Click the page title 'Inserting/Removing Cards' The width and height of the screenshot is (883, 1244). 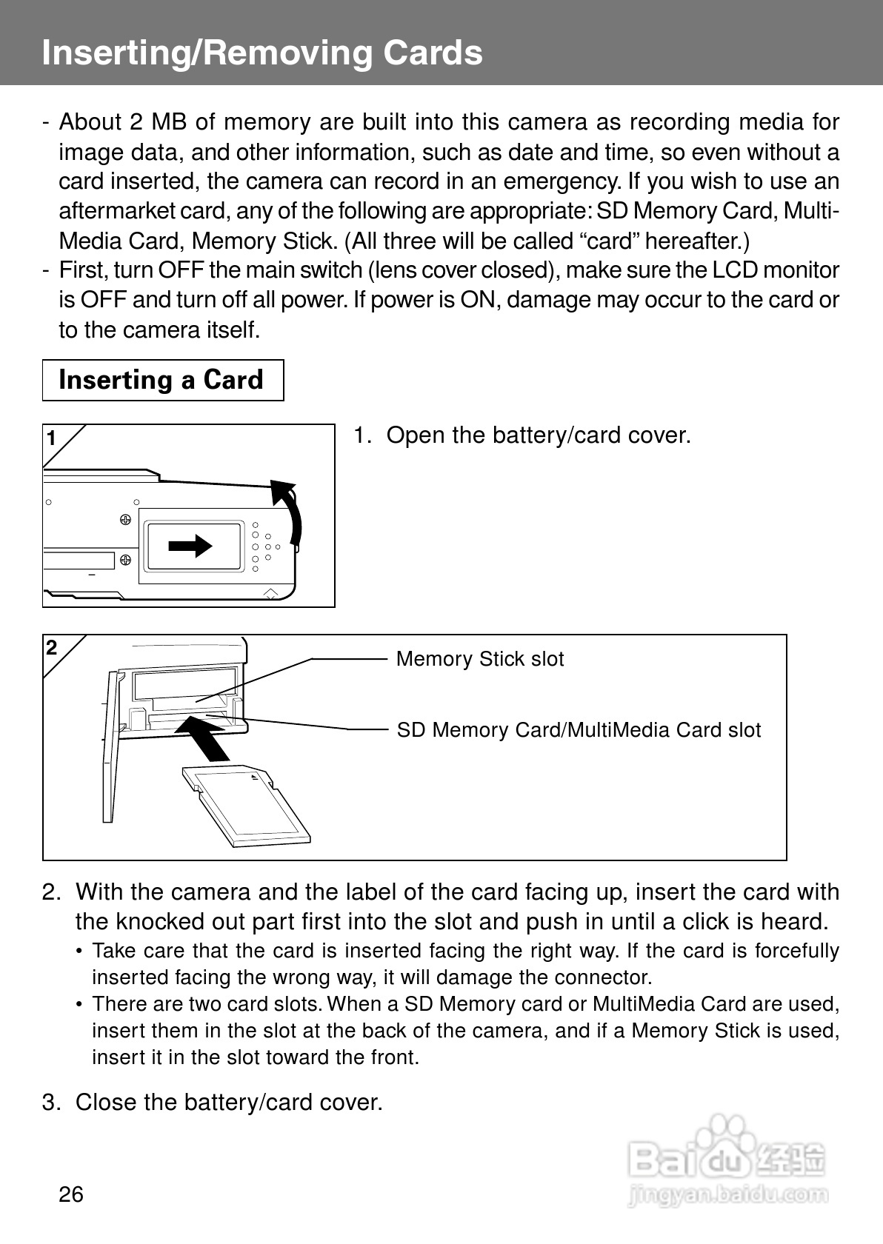[x=262, y=53]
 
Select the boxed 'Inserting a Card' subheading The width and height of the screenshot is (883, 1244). [x=161, y=380]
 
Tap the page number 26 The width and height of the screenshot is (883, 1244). [x=71, y=1194]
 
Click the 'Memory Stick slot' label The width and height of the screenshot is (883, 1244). [x=479, y=659]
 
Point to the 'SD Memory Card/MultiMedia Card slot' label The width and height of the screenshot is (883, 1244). [x=579, y=730]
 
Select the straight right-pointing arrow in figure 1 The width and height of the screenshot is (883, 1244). [x=190, y=546]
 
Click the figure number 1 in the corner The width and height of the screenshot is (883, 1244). [x=52, y=439]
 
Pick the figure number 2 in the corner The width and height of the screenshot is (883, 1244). [x=52, y=649]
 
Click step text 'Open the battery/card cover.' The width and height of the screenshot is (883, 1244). [x=539, y=435]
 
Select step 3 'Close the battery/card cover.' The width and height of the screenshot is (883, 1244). [x=229, y=1103]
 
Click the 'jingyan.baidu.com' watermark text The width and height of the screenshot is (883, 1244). [x=727, y=1194]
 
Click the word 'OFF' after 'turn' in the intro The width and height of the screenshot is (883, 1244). [x=181, y=270]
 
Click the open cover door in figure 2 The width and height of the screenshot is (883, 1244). [x=110, y=748]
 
